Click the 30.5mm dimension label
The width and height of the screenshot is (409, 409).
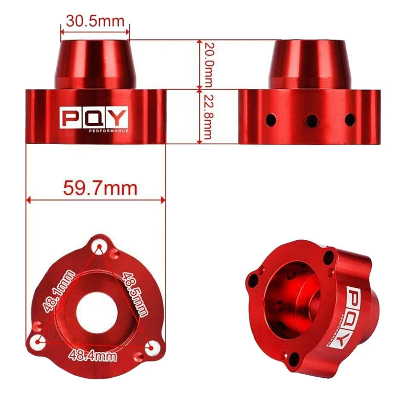coord(95,21)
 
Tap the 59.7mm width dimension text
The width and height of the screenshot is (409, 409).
coord(100,188)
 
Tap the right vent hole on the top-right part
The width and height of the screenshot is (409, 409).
coord(350,120)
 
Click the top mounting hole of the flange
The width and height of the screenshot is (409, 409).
coord(99,247)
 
